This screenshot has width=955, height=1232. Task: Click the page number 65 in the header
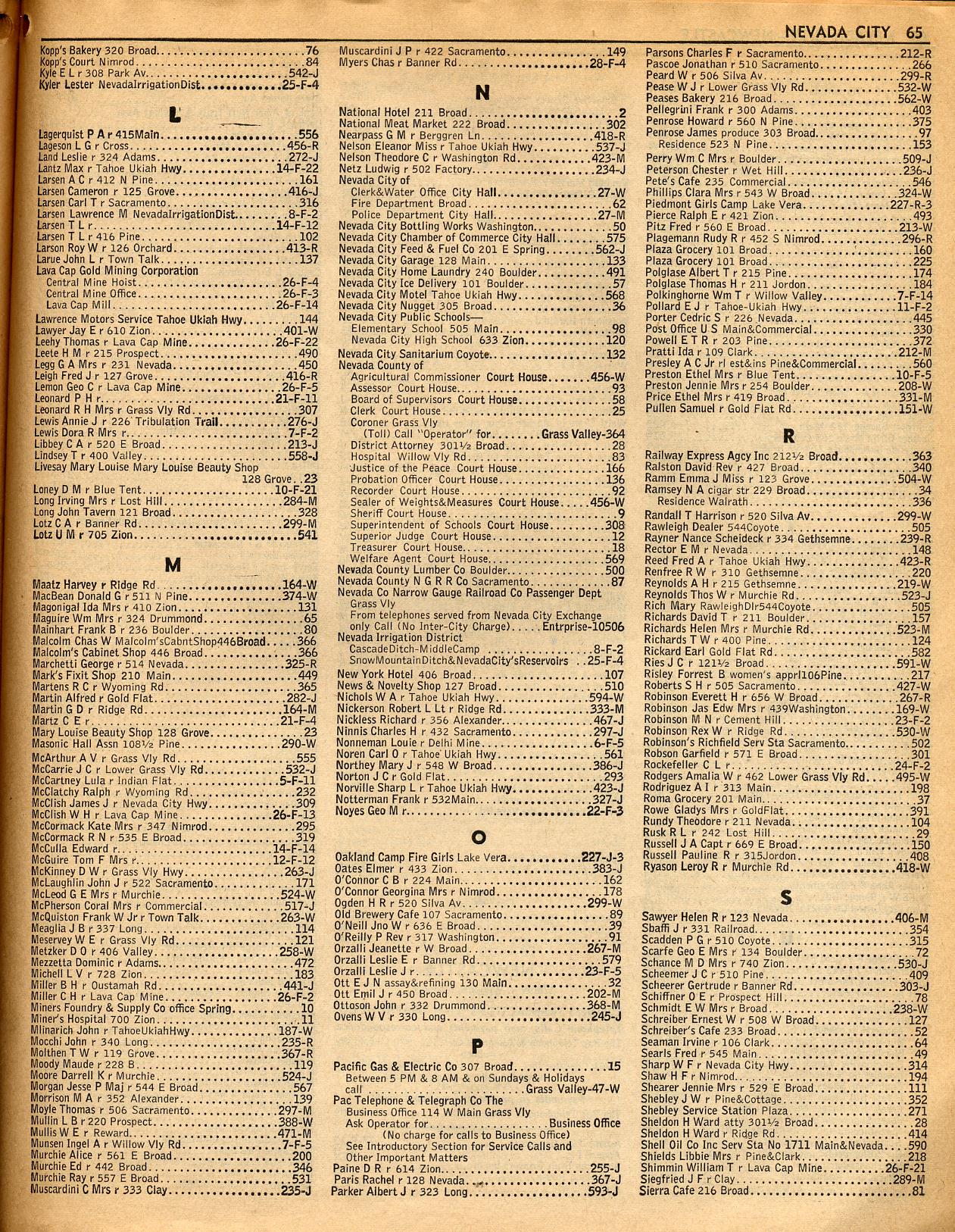[913, 33]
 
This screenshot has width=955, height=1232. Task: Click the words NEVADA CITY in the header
[838, 33]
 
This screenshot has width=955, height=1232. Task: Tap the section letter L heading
[176, 115]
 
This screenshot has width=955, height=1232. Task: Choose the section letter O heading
[478, 837]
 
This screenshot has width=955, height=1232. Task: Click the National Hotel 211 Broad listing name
[404, 112]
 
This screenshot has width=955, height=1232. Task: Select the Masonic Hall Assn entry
[108, 744]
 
